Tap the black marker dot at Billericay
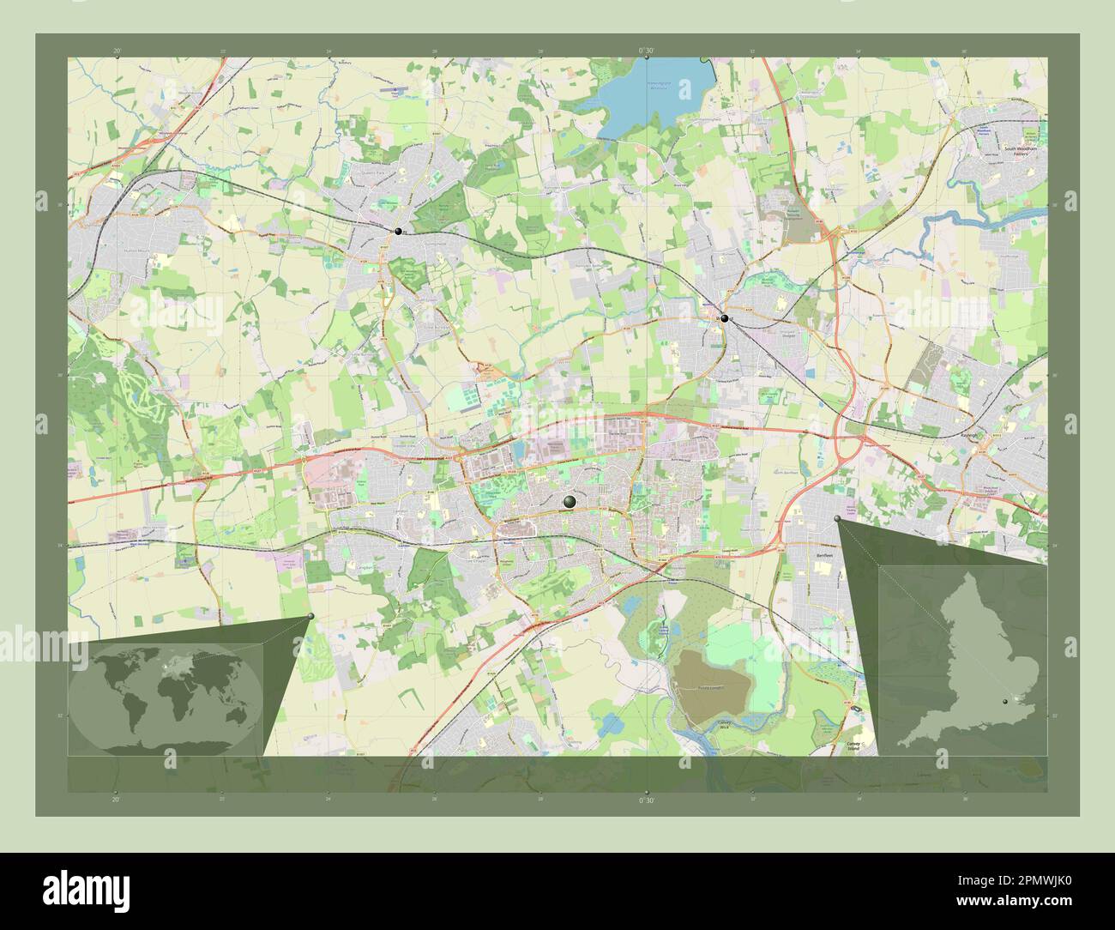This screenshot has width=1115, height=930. pyautogui.click(x=398, y=232)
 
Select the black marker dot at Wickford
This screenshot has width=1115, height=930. pyautogui.click(x=725, y=318)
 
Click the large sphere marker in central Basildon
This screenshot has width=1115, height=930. pyautogui.click(x=570, y=502)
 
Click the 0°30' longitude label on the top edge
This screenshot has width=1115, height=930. pyautogui.click(x=646, y=51)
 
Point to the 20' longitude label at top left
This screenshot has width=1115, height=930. pyautogui.click(x=116, y=51)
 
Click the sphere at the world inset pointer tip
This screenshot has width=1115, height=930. pyautogui.click(x=310, y=616)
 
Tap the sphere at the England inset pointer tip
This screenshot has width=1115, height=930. pyautogui.click(x=838, y=518)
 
